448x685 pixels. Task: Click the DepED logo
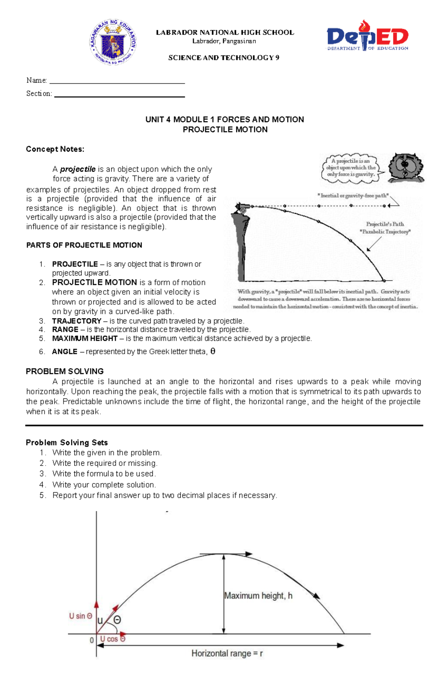(367, 36)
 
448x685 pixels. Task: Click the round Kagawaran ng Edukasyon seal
(113, 42)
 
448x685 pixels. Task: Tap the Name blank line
(117, 81)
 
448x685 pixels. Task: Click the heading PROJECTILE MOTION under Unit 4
(225, 130)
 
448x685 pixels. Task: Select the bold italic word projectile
(78, 169)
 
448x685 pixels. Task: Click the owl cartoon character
(405, 168)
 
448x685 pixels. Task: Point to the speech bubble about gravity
(351, 168)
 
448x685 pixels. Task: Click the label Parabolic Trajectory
(385, 232)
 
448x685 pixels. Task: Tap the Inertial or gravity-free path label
(353, 195)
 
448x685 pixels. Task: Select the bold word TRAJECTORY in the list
(77, 321)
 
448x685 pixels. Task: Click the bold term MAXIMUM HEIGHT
(85, 339)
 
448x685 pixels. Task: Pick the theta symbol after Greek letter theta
(213, 351)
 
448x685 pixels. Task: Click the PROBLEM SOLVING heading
(65, 371)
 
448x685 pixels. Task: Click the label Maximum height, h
(258, 596)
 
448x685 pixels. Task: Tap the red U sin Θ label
(80, 616)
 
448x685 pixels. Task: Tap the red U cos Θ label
(112, 639)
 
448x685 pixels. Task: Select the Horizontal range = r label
(227, 653)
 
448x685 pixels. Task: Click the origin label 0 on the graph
(91, 640)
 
